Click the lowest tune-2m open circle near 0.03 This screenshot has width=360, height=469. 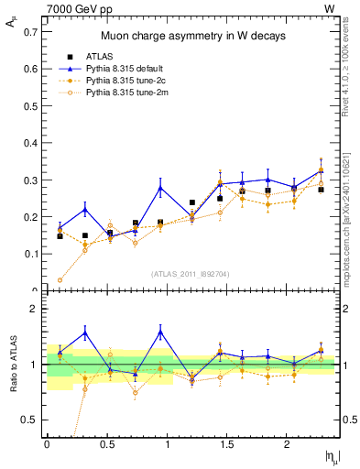coord(60,280)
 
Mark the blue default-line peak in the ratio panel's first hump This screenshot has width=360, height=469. coord(84,333)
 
